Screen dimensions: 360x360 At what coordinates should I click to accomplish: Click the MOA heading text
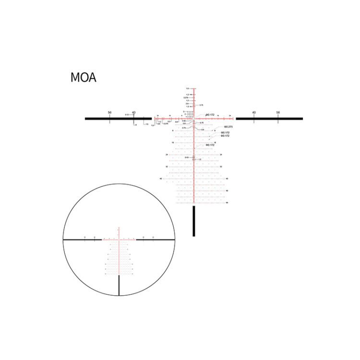click(83, 77)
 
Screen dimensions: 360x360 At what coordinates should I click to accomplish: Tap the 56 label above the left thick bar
click(110, 112)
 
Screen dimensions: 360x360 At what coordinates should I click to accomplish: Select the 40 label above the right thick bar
click(253, 112)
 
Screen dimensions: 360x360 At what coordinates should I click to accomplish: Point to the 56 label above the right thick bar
click(278, 112)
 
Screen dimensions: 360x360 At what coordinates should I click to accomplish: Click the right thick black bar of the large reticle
click(269, 118)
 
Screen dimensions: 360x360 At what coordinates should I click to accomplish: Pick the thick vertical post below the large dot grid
click(194, 221)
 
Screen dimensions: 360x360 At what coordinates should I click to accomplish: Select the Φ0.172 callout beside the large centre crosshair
click(210, 115)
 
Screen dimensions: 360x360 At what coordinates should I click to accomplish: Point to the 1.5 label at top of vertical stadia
click(188, 89)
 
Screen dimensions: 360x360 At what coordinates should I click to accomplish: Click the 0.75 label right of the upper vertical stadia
click(202, 105)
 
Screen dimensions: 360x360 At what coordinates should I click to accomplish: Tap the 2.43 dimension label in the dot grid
click(187, 157)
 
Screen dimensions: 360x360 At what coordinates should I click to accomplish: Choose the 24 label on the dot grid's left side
click(167, 155)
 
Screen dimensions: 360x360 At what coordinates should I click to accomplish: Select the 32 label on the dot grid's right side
click(221, 167)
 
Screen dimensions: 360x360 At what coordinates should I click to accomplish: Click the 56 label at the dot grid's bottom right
click(227, 203)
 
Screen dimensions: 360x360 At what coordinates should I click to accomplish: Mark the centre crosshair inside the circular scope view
click(119, 239)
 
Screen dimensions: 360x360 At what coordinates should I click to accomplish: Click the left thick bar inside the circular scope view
click(82, 239)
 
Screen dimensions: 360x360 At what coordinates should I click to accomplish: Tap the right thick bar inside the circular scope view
click(156, 239)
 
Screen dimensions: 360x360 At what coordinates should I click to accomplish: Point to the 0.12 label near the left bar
click(127, 115)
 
